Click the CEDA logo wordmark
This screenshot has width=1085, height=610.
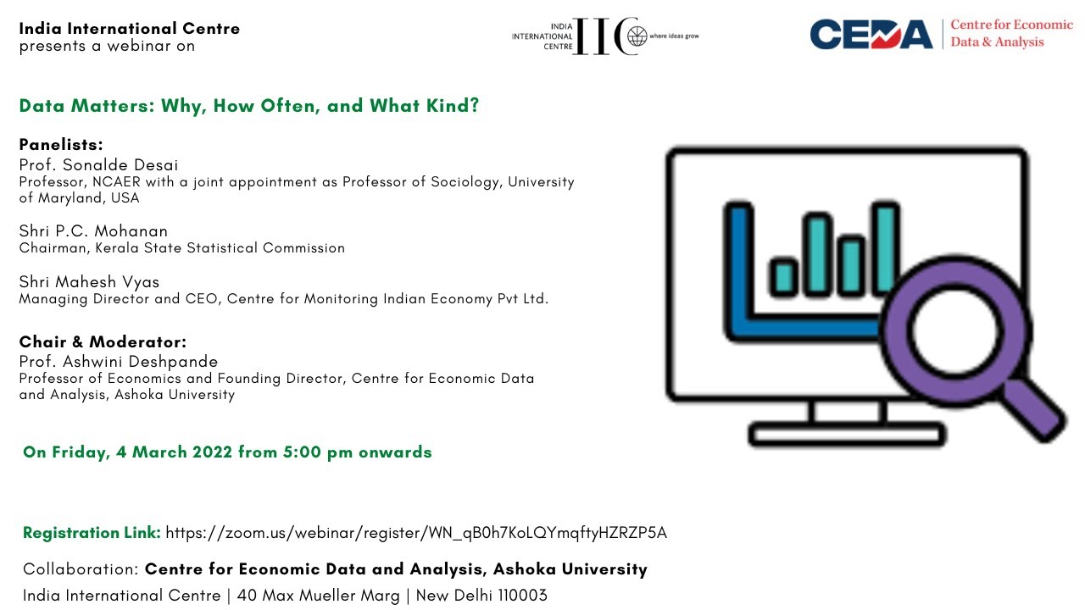pyautogui.click(x=871, y=35)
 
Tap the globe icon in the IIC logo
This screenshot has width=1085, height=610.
pyautogui.click(x=637, y=36)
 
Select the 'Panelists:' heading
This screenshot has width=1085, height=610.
pyautogui.click(x=61, y=144)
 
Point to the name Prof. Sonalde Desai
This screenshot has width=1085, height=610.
pyautogui.click(x=99, y=164)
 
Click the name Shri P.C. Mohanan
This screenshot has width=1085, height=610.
pyautogui.click(x=93, y=231)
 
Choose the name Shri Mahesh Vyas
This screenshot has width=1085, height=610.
pyautogui.click(x=89, y=282)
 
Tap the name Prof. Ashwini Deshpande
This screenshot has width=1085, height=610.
pyautogui.click(x=119, y=362)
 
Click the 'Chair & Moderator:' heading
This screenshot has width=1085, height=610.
pyautogui.click(x=103, y=341)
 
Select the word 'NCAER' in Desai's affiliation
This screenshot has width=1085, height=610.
pyautogui.click(x=116, y=182)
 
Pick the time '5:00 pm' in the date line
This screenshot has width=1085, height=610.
pyautogui.click(x=318, y=452)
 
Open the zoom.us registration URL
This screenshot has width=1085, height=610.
pyautogui.click(x=416, y=533)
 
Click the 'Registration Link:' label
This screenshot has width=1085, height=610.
pyautogui.click(x=92, y=533)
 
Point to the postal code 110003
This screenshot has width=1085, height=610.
pyautogui.click(x=523, y=595)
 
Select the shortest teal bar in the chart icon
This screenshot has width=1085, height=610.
pyautogui.click(x=783, y=276)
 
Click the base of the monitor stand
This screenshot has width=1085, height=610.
pyautogui.click(x=847, y=434)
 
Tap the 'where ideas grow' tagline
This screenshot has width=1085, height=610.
pyautogui.click(x=674, y=36)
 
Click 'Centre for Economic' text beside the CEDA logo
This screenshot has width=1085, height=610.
pyautogui.click(x=1011, y=25)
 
